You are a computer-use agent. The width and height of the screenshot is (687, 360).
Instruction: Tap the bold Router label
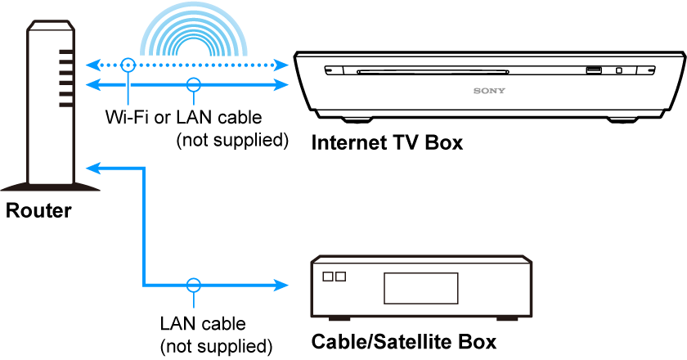38,211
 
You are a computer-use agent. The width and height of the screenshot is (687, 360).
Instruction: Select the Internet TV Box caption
387,143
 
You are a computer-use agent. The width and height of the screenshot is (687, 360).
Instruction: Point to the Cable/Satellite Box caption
404,340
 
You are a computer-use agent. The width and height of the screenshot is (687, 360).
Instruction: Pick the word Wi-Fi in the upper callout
128,117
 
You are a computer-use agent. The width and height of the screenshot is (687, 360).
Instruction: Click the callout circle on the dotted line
128,63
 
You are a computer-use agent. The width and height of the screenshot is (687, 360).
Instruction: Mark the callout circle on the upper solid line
193,83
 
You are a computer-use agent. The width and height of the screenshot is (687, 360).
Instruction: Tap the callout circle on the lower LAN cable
193,286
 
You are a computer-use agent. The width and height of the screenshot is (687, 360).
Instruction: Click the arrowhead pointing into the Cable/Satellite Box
282,286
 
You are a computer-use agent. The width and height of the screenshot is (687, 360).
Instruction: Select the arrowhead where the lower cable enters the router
93,168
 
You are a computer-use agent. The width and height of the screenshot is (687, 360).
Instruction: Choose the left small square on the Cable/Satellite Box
329,277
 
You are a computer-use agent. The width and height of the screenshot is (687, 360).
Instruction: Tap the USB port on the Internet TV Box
594,70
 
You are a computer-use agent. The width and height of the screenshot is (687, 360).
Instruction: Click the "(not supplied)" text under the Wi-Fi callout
233,140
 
